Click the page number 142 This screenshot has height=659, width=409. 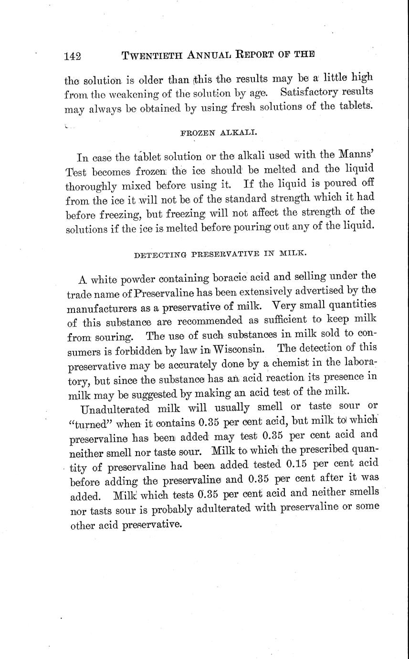tap(73, 55)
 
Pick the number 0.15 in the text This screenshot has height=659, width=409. tap(300, 464)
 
